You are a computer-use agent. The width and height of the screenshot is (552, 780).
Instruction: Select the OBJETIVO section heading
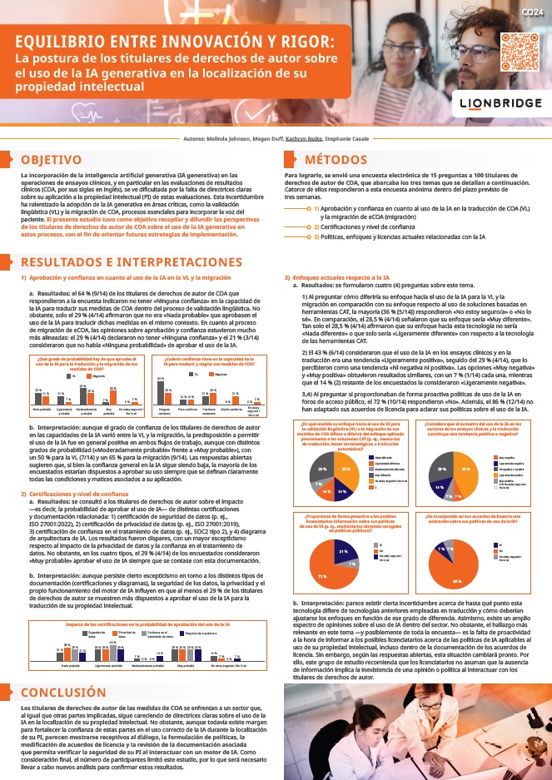[51, 159]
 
